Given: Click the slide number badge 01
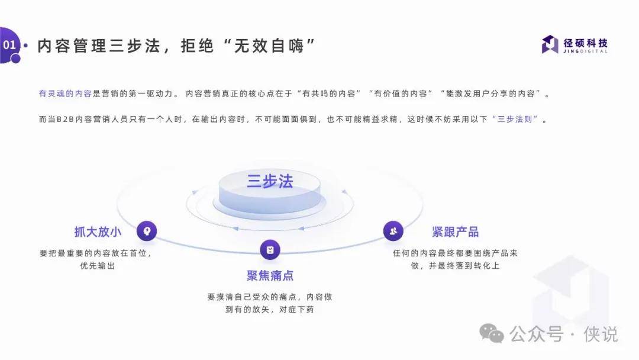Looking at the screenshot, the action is (x=9, y=45).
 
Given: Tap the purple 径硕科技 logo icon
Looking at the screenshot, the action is (x=550, y=44).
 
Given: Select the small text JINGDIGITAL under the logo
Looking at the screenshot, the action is (x=585, y=52).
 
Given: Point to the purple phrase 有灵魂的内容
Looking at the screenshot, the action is (x=65, y=94).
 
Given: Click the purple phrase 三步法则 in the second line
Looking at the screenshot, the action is (x=514, y=119).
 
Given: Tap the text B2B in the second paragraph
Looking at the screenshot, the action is (x=65, y=119).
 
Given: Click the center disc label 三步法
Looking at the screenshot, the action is (x=270, y=181).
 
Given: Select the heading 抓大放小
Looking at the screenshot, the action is (x=98, y=232).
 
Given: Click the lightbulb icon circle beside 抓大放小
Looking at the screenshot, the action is (x=147, y=231).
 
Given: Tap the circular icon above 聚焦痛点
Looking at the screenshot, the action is (x=270, y=249).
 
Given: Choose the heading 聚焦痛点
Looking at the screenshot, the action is (x=270, y=275).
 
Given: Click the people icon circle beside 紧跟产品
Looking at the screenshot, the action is (x=393, y=231).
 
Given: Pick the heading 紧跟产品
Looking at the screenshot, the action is (x=455, y=232).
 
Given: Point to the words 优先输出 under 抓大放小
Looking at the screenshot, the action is (x=98, y=265).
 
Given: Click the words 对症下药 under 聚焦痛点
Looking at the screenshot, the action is (x=296, y=309).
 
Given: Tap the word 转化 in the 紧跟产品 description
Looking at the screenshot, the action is (x=482, y=265).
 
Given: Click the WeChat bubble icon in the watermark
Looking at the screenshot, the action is (x=492, y=333).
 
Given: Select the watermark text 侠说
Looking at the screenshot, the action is (x=601, y=334).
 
